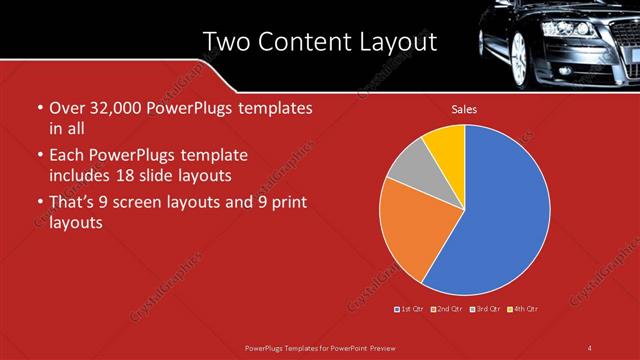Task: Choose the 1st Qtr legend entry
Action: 410,309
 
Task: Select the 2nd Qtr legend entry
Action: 447,309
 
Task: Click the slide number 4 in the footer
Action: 589,347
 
